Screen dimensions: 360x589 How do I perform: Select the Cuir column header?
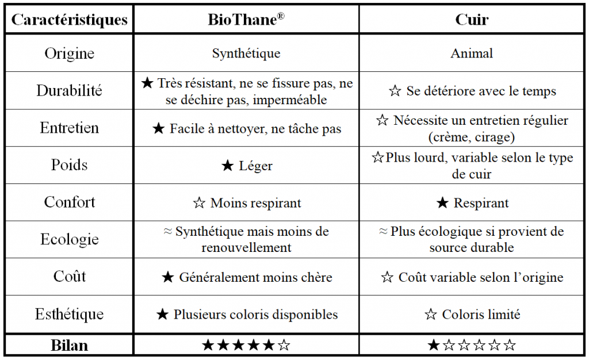coord(472,20)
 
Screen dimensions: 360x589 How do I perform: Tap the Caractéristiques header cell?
coord(70,20)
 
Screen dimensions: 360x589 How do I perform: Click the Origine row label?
coord(70,53)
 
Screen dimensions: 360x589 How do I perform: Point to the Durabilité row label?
coord(70,91)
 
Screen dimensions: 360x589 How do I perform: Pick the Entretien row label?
coord(70,128)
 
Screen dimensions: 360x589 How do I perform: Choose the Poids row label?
coord(70,165)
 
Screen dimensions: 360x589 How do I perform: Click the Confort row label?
coord(70,202)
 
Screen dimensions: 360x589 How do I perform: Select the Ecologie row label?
coord(70,240)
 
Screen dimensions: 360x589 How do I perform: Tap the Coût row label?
coord(70,277)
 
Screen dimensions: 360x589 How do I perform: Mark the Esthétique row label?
coord(70,315)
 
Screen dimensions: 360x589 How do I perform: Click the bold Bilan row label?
coord(70,345)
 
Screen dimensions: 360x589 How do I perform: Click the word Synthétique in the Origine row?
coord(246,53)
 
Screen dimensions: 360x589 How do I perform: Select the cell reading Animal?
coord(472,53)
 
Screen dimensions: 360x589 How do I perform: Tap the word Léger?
coord(255,166)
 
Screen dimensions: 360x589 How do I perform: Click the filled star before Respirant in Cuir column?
coord(442,203)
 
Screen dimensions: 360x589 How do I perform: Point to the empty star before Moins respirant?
coord(199,203)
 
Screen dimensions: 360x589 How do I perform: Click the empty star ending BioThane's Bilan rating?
coord(284,346)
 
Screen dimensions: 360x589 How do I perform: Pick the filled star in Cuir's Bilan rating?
coord(434,346)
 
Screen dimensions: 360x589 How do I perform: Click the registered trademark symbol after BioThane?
coord(281,15)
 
